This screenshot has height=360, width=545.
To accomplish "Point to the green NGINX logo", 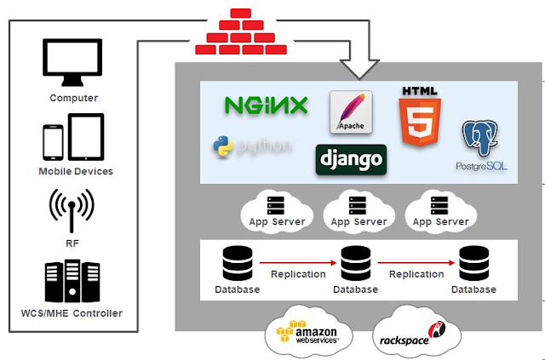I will click(266, 106).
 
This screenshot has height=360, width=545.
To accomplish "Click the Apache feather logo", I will click(351, 111).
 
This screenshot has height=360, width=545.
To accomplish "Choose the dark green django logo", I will click(351, 159).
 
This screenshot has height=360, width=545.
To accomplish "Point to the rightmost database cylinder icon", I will click(473, 264).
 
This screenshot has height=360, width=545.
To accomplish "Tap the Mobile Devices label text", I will click(74, 171).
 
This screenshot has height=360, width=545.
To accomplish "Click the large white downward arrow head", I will click(364, 66).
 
